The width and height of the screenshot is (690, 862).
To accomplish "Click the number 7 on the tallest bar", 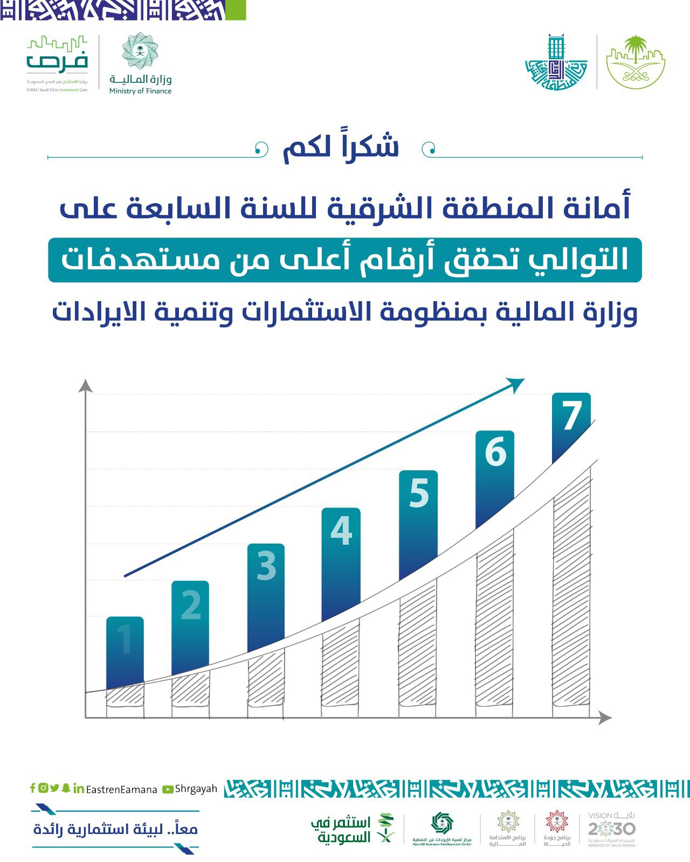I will [x=571, y=415].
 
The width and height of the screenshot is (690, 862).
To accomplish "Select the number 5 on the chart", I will [x=419, y=493].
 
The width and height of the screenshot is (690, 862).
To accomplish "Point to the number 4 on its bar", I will [x=341, y=530].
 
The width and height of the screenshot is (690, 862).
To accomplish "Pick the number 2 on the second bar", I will [x=191, y=604].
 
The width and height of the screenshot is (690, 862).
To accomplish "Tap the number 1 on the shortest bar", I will [x=125, y=640].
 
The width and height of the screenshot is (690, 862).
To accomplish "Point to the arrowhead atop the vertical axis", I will [x=85, y=385].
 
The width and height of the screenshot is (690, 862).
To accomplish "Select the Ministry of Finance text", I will [x=140, y=91].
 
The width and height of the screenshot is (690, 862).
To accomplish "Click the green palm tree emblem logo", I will [x=636, y=62].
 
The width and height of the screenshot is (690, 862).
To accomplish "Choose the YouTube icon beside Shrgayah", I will [x=168, y=789].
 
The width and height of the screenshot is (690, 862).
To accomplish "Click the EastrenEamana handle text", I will [x=121, y=790].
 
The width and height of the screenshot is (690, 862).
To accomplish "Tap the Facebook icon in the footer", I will [x=32, y=788].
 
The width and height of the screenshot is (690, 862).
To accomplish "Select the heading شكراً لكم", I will [x=341, y=147].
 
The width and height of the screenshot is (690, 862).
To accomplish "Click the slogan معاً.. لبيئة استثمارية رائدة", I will [x=116, y=829].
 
